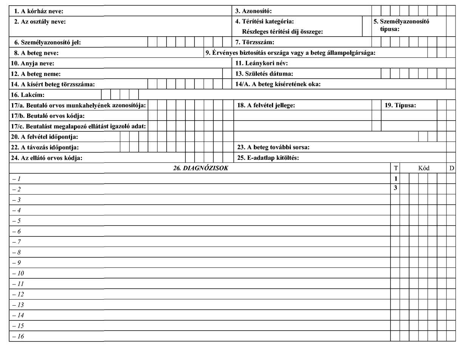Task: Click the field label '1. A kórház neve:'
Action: (39, 11)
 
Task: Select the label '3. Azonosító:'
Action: (253, 11)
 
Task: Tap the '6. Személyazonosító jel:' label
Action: (48, 43)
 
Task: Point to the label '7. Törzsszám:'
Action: (255, 42)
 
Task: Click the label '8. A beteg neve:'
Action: (36, 53)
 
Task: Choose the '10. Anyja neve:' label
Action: (32, 63)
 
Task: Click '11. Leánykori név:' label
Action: (261, 63)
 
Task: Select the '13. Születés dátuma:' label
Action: (264, 74)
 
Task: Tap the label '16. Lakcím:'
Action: (28, 95)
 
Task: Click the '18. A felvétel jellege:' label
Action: (266, 105)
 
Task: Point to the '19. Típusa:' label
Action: (400, 105)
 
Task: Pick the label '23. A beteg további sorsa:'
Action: (273, 147)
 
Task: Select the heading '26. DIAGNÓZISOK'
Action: (201, 168)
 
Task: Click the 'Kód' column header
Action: (424, 168)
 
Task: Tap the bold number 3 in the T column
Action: (395, 188)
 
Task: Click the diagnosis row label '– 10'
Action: (18, 273)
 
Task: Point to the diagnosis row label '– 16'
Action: (18, 337)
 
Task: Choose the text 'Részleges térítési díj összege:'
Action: (283, 32)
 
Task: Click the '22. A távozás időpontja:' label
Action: (45, 148)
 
